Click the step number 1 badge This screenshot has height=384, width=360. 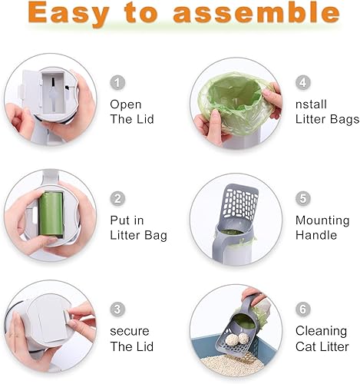coord(117,82)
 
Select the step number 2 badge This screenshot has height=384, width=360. coord(117,199)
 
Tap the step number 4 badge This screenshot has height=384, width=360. coord(302,81)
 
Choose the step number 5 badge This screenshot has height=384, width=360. coord(302,197)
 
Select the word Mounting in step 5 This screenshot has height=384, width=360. coord(322,220)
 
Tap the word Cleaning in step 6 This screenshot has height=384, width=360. coord(319,331)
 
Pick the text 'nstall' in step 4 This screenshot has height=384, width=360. coord(312,104)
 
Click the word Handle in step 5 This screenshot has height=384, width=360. coord(315,235)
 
